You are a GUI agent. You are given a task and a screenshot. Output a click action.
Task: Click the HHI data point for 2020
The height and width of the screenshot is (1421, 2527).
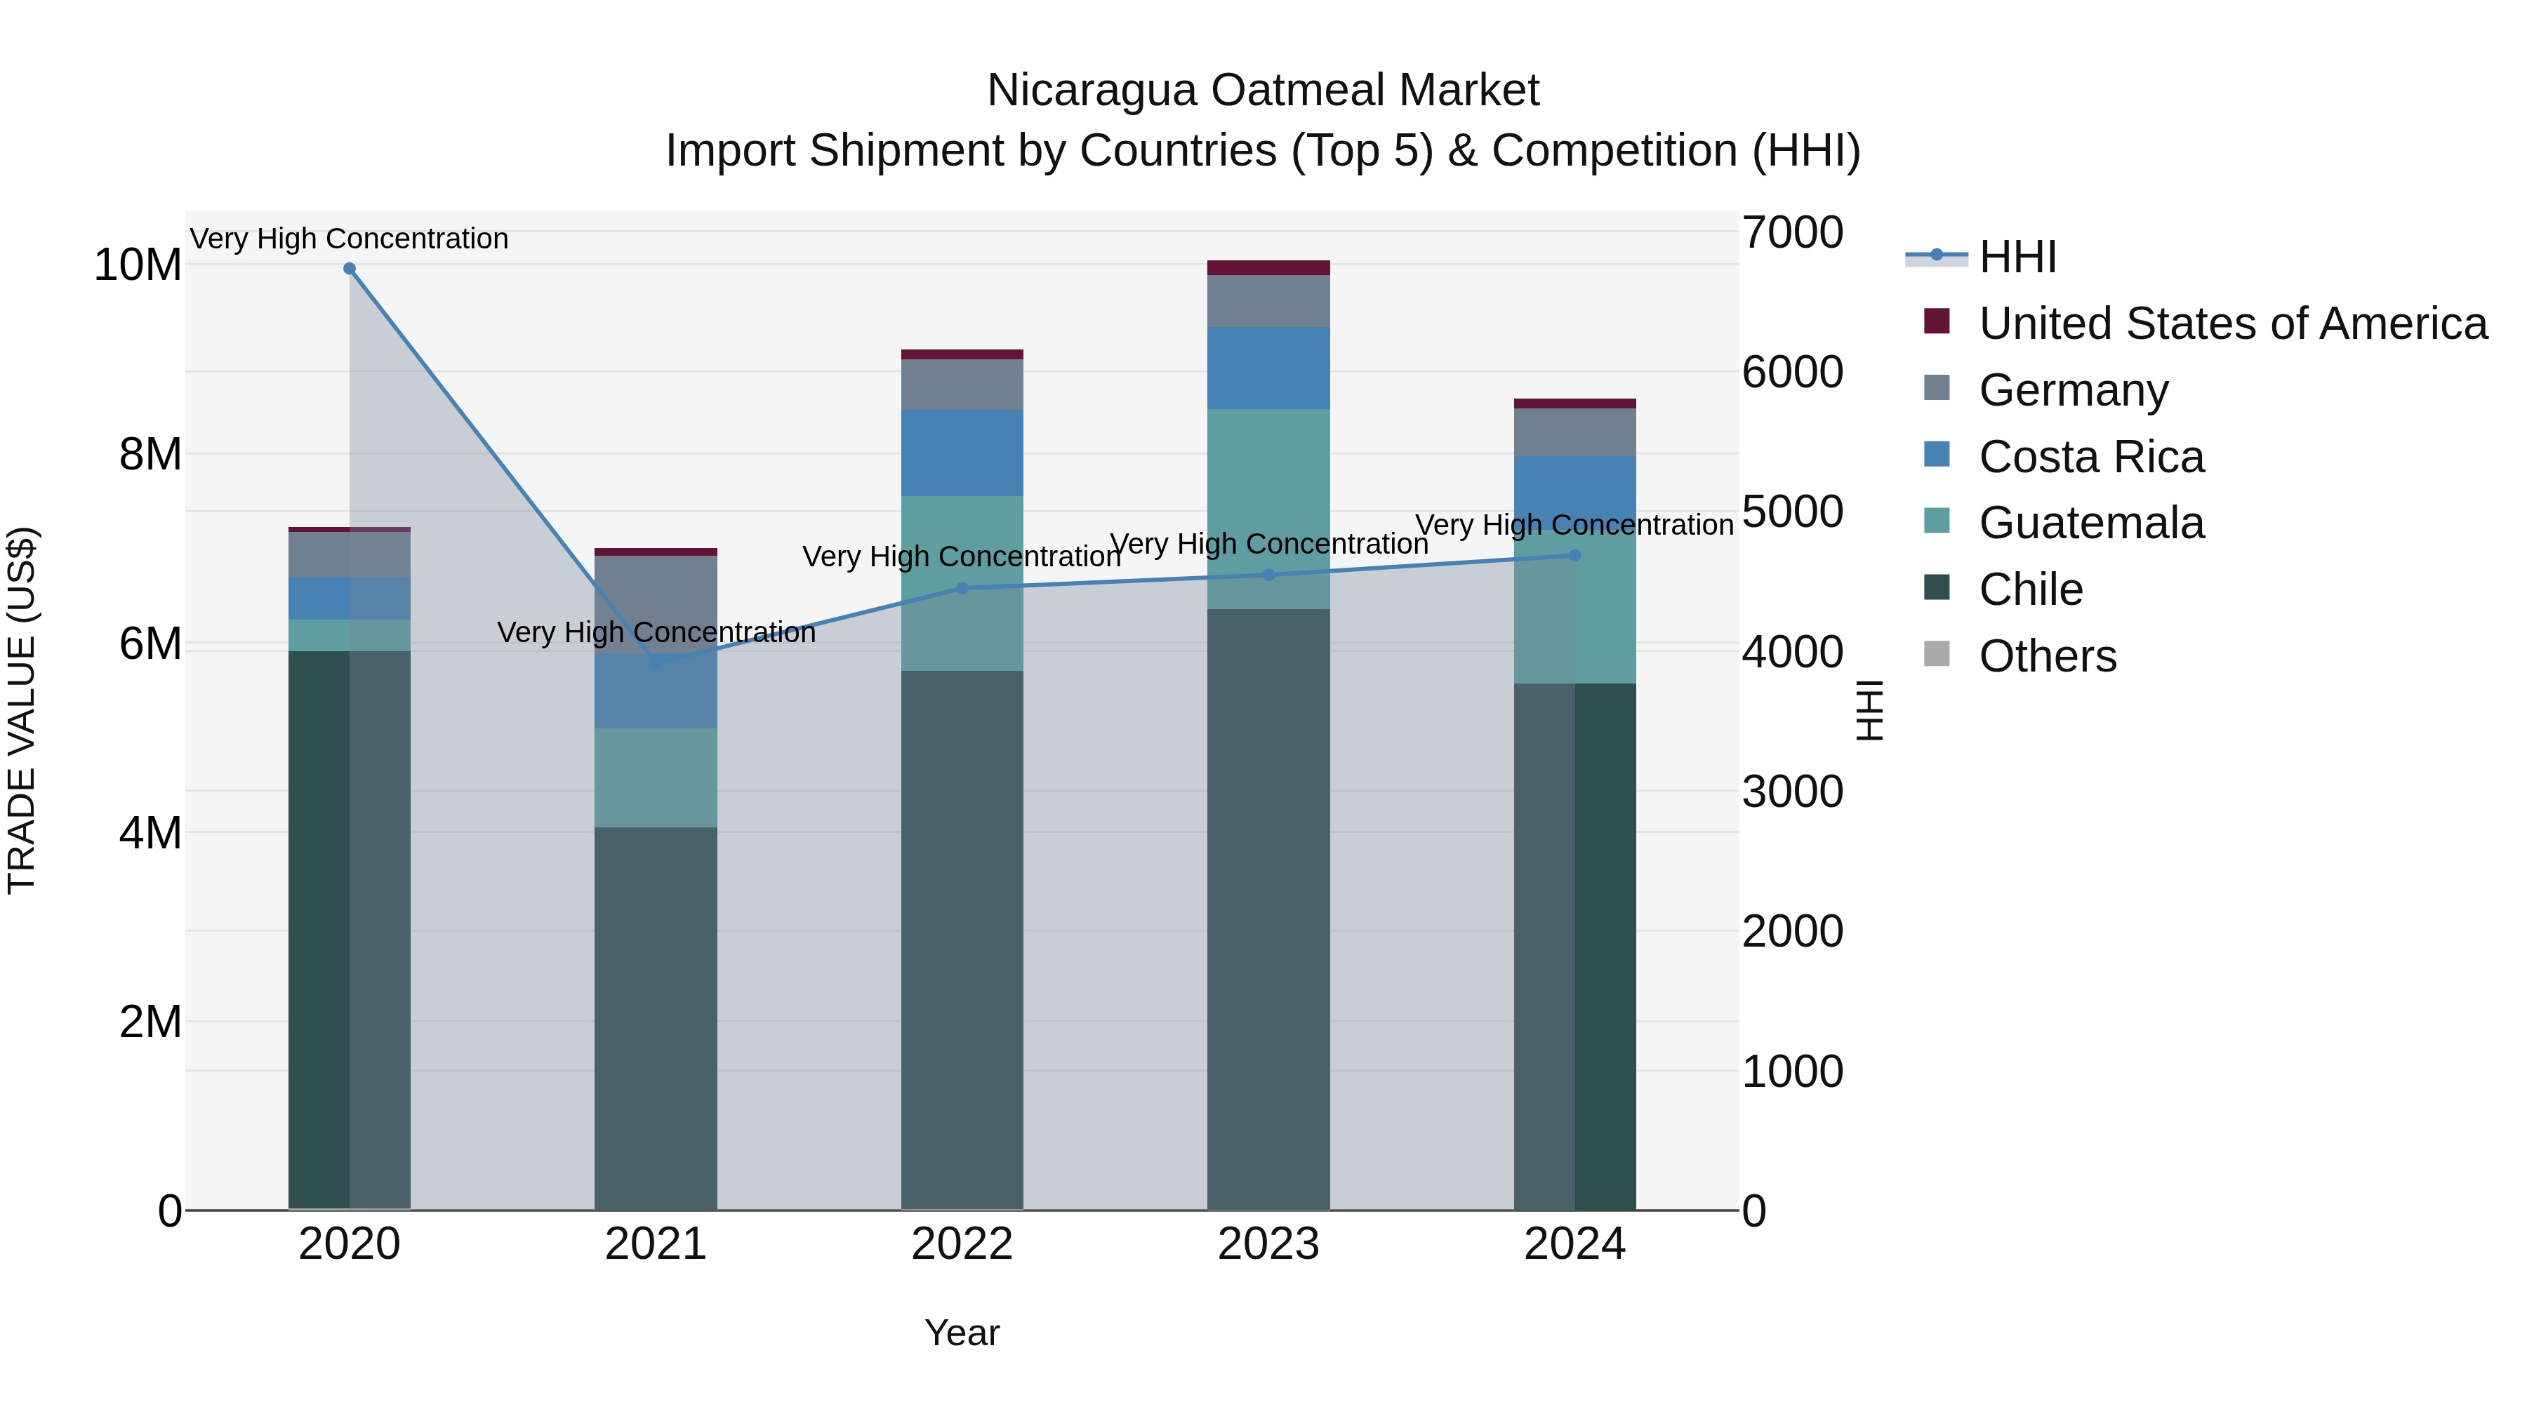(350, 269)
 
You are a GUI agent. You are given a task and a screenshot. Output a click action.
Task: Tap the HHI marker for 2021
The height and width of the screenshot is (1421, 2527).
(656, 663)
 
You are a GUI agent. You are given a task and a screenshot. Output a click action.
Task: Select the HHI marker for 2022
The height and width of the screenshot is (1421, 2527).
(962, 589)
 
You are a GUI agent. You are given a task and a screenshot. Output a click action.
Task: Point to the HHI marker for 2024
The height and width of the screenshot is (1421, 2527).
(1575, 555)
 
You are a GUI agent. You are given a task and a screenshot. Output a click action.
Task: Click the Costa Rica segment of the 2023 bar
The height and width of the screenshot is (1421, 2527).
(1268, 368)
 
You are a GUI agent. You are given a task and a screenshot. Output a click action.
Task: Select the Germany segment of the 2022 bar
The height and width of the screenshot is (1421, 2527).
(962, 385)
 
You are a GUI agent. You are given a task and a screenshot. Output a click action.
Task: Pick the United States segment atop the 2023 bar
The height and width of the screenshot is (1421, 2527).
(1268, 268)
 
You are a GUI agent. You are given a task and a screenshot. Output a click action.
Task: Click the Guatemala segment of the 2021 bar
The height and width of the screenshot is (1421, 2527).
(656, 778)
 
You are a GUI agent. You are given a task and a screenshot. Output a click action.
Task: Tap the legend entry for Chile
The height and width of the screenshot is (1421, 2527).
(2031, 589)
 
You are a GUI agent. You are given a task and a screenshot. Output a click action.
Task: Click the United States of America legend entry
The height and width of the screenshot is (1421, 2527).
(2231, 323)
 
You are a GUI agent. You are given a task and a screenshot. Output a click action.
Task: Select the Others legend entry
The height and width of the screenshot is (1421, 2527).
(2048, 656)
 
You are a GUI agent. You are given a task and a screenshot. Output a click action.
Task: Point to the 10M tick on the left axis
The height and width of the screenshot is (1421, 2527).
(138, 265)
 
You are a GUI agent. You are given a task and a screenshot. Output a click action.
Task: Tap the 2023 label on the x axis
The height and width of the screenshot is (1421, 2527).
(1268, 1244)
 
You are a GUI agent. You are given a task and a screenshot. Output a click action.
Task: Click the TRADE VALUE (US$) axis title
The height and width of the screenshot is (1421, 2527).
(22, 710)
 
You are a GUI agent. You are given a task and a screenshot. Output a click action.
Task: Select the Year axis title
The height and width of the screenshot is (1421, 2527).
(962, 1333)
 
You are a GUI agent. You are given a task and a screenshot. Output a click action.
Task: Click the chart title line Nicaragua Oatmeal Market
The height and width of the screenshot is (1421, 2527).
(1263, 91)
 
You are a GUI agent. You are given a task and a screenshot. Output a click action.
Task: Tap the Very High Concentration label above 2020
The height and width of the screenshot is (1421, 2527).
(350, 239)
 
